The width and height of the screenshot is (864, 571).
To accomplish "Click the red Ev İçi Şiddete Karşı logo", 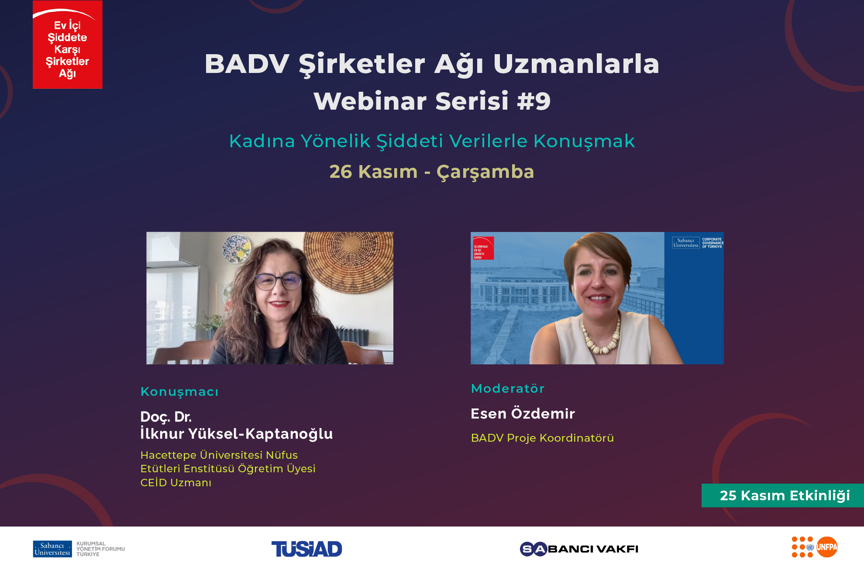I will [68, 45].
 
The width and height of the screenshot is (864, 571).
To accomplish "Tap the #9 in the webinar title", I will [534, 101].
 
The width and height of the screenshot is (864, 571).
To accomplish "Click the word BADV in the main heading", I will [247, 64].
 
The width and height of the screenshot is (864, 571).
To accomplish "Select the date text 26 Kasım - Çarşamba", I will [431, 172].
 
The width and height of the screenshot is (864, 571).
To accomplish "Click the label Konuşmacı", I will [179, 392].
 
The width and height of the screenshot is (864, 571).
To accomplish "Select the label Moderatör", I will [508, 388].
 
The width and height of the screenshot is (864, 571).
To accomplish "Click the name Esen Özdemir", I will [523, 414].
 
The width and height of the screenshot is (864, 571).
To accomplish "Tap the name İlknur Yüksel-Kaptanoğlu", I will [236, 434].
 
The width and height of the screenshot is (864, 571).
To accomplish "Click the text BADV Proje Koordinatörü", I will [542, 438].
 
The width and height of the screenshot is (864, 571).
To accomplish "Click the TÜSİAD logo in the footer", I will [306, 549].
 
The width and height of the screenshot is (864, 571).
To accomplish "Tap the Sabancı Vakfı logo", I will [579, 549].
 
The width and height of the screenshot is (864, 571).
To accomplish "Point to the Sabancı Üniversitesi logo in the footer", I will [52, 549].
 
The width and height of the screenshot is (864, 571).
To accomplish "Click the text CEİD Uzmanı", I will [176, 483].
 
